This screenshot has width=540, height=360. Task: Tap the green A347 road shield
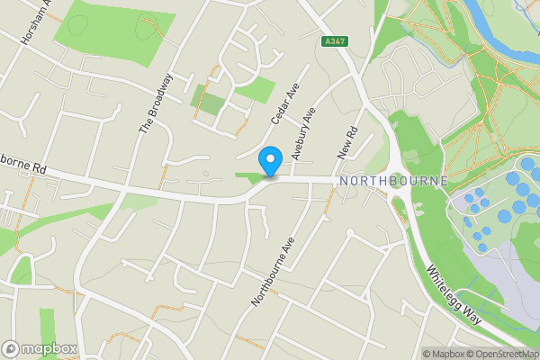pyautogui.click(x=334, y=42)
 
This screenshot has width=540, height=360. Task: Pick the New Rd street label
pyautogui.click(x=347, y=142)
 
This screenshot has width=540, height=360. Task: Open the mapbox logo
pyautogui.click(x=40, y=348)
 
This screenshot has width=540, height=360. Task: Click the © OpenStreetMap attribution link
pyautogui.click(x=499, y=354)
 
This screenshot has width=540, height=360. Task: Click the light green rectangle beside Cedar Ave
pyautogui.click(x=256, y=89)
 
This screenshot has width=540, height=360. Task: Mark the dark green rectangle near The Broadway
pyautogui.click(x=207, y=102)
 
